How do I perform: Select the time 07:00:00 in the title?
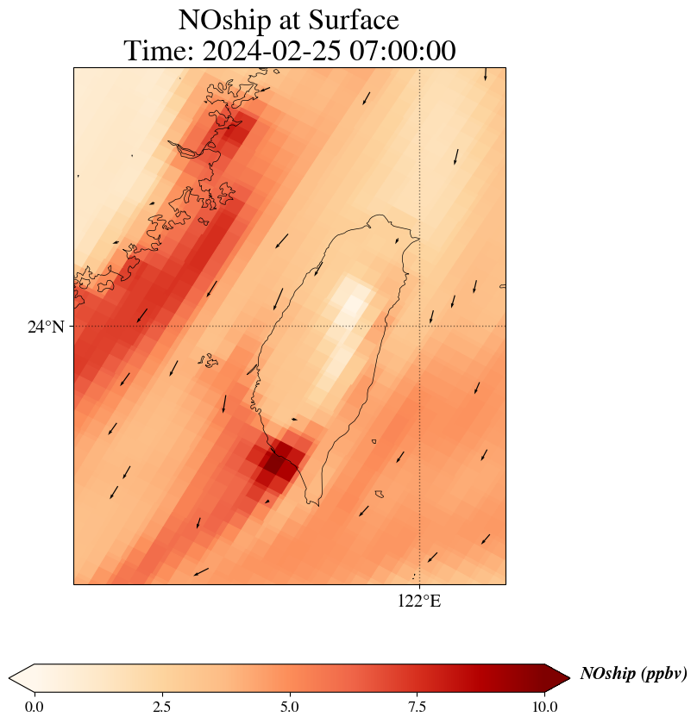pyautogui.click(x=403, y=52)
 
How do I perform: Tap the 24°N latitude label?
pyautogui.click(x=46, y=327)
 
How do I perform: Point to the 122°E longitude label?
pyautogui.click(x=419, y=601)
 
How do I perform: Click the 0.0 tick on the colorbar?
pyautogui.click(x=35, y=707)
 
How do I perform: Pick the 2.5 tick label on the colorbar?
pyautogui.click(x=161, y=707)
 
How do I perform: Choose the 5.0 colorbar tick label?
pyautogui.click(x=289, y=707)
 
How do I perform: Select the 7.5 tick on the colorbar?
pyautogui.click(x=417, y=707)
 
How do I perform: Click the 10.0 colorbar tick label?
pyautogui.click(x=543, y=707)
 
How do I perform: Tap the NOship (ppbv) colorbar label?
pyautogui.click(x=633, y=674)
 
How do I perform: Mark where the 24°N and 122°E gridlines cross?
pyautogui.click(x=419, y=327)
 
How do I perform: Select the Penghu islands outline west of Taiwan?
pyautogui.click(x=207, y=360)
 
